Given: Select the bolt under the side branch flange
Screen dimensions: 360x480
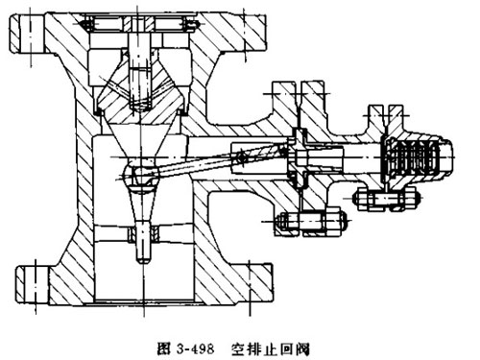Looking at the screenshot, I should (x=305, y=227).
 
